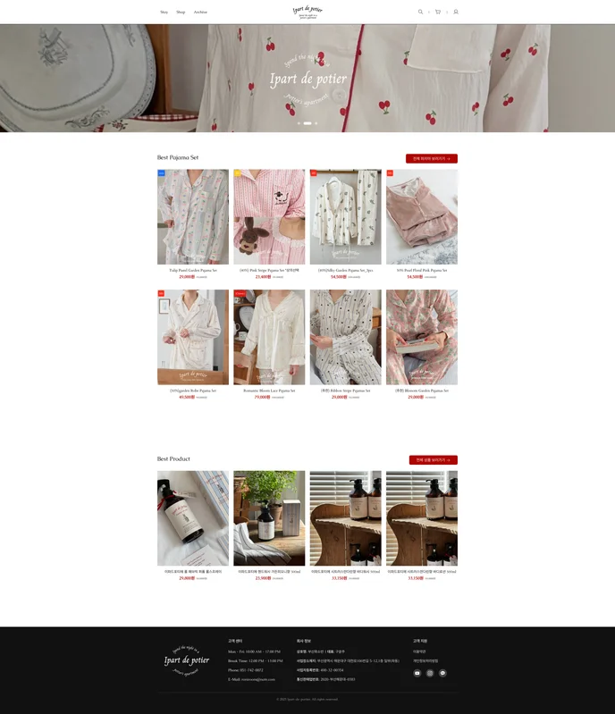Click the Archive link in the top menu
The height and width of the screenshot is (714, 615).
pos(200,12)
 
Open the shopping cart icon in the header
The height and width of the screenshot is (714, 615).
pos(438,12)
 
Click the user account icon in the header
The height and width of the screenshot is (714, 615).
pos(456,12)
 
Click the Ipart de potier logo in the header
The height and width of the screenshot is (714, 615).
pos(307,12)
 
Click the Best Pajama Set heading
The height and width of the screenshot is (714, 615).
pos(178,157)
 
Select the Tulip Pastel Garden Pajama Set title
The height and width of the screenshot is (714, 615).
pos(193,270)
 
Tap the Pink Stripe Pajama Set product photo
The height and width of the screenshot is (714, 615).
pos(269,217)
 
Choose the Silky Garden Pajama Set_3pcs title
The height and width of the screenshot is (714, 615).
pos(345,270)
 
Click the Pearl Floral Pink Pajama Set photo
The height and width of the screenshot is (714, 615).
pos(422,217)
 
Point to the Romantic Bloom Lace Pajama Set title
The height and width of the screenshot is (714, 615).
pos(269,391)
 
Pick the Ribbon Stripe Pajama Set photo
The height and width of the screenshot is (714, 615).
pos(345,337)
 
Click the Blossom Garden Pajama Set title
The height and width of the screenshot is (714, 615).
pos(422,391)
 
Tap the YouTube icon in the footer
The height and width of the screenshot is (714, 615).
pos(417,673)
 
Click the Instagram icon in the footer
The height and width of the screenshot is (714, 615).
pos(430,673)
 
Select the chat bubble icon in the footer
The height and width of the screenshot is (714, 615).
pos(442,673)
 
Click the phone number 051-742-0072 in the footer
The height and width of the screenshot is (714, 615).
pos(246,669)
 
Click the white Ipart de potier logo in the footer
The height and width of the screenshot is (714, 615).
pos(187,660)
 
